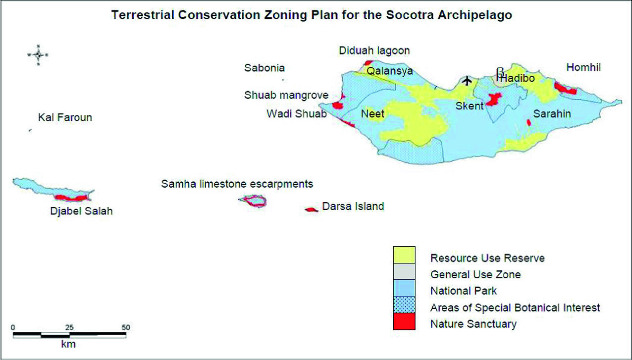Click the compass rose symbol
(38, 55)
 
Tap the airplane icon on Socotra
(467, 80)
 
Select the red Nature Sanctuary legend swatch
(404, 321)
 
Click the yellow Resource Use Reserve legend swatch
(404, 255)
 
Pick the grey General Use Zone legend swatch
(404, 272)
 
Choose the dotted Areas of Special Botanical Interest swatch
(404, 305)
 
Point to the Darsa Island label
(353, 206)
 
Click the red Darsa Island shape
(312, 209)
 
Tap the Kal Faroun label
(65, 117)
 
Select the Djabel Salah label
(81, 211)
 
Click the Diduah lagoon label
(374, 51)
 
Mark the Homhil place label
(583, 67)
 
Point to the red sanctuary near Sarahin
(529, 122)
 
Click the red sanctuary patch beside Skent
(493, 100)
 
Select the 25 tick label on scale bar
(69, 327)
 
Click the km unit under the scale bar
(68, 344)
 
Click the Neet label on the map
(372, 114)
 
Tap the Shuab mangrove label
(286, 96)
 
